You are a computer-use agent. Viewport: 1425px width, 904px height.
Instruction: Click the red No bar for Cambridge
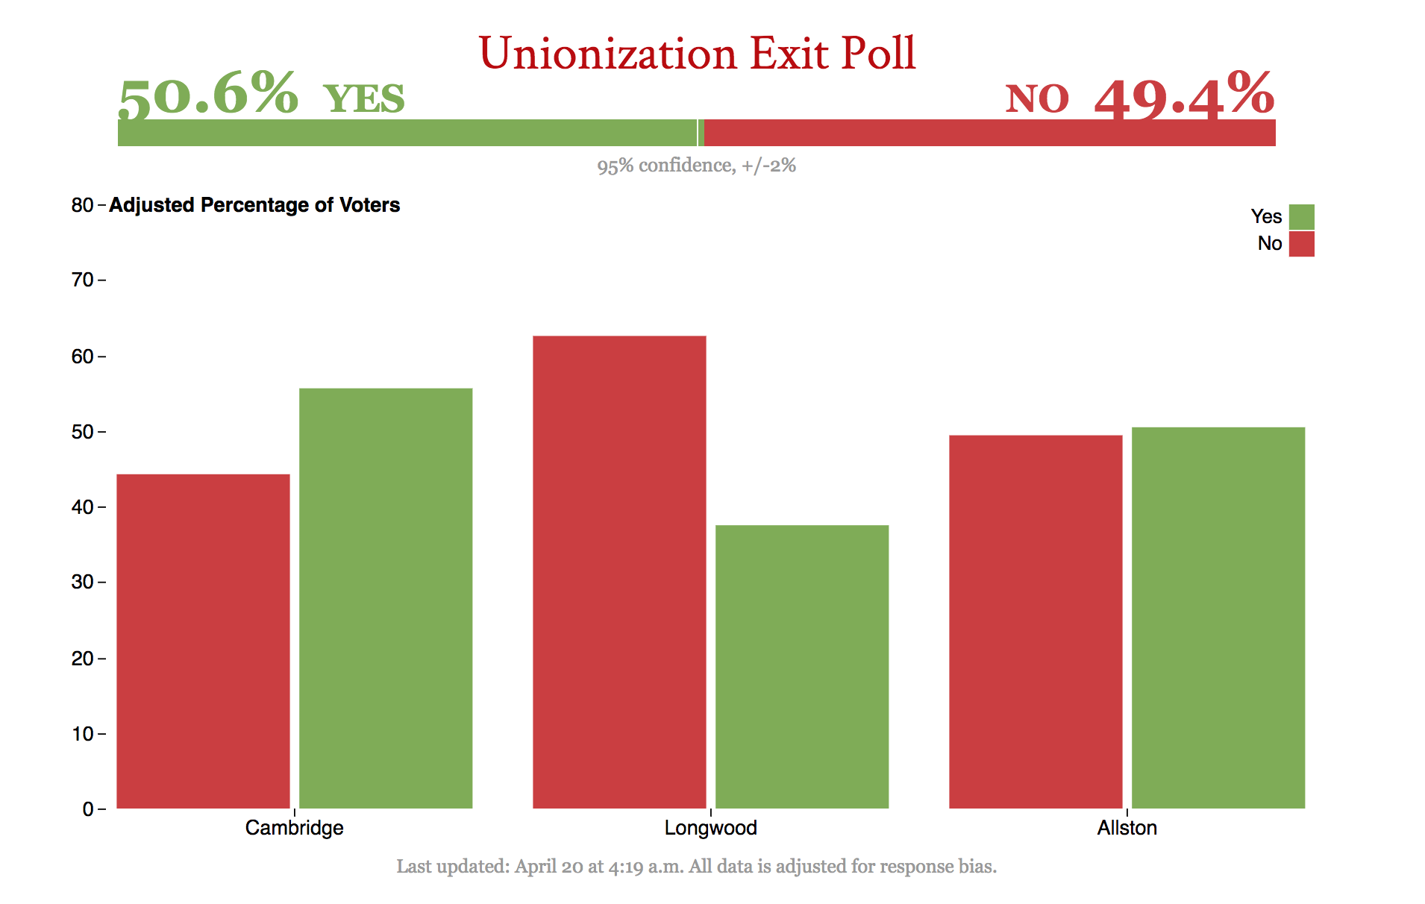(203, 641)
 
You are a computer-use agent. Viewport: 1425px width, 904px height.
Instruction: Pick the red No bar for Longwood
(619, 572)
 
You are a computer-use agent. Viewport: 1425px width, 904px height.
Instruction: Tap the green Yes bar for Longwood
(802, 667)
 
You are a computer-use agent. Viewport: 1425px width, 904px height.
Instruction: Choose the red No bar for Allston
(1036, 621)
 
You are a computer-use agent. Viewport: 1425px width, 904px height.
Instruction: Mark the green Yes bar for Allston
(1218, 618)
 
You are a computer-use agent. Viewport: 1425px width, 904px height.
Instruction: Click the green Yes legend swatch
(1301, 217)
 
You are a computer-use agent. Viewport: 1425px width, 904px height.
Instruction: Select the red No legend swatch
(1301, 244)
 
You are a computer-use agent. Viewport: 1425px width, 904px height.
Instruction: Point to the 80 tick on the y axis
(82, 205)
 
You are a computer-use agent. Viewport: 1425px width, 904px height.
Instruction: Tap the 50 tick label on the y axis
(82, 432)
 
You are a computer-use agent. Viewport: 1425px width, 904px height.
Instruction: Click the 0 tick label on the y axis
(88, 809)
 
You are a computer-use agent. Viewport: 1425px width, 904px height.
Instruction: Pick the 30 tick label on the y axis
(82, 583)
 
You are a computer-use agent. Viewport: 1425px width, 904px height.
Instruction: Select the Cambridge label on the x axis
(294, 828)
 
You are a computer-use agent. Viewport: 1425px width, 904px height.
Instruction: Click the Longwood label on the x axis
(710, 828)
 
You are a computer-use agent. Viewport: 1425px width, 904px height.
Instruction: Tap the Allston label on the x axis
(1127, 828)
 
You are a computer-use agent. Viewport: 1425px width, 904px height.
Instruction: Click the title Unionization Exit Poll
(697, 54)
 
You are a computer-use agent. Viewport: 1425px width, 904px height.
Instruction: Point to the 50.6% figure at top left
(208, 95)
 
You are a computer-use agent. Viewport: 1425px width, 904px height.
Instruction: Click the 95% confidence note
(696, 166)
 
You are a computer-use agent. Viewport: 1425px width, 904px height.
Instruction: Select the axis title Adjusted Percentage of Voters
(254, 205)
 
